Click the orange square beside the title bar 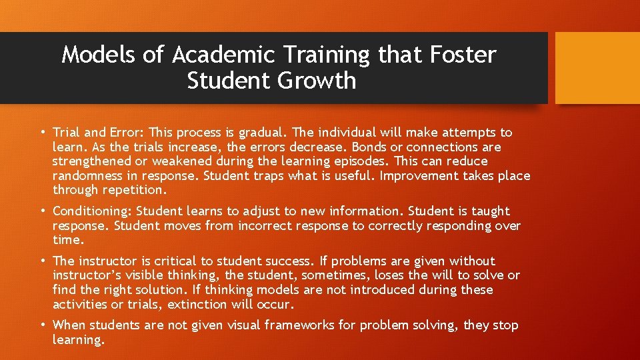pyautogui.click(x=597, y=68)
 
